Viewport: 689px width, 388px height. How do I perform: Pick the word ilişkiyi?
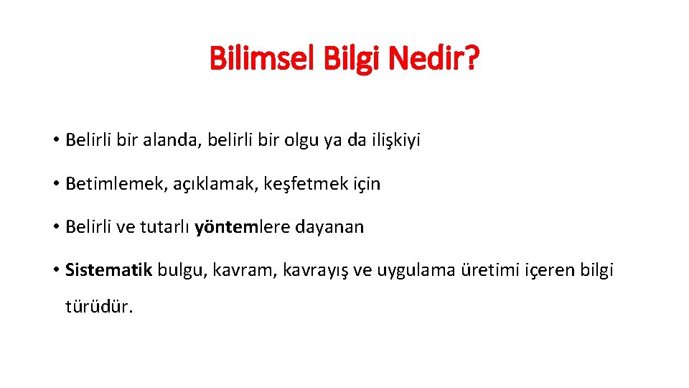click(x=394, y=140)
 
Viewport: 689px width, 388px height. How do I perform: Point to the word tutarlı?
click(x=164, y=227)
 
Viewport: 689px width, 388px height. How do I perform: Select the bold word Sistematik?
click(x=108, y=270)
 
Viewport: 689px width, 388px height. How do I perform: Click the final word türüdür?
click(x=99, y=307)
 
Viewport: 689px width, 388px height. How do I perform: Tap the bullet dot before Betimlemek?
click(x=55, y=184)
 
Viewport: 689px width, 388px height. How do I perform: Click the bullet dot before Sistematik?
click(x=55, y=271)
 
